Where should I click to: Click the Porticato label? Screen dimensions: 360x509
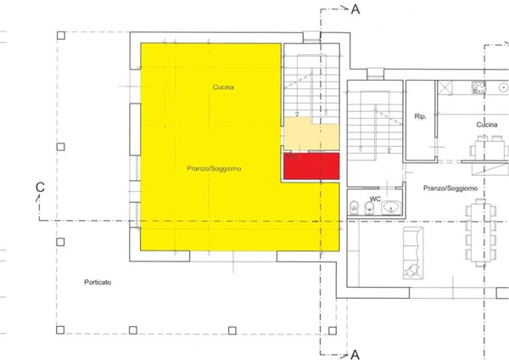pos(98,282)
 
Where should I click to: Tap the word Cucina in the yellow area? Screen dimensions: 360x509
pos(223,87)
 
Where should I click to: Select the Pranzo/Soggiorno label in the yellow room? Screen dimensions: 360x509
pos(214,169)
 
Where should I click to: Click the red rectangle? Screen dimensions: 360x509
pos(310,166)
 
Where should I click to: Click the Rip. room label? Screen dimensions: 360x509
pos(419,115)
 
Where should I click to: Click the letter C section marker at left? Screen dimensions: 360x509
pos(39,187)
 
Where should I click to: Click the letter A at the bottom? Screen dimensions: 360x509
pos(356,352)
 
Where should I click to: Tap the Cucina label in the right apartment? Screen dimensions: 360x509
pos(486,125)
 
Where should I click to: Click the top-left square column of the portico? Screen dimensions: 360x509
pos(60,36)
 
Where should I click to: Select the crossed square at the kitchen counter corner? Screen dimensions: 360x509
pos(443,87)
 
